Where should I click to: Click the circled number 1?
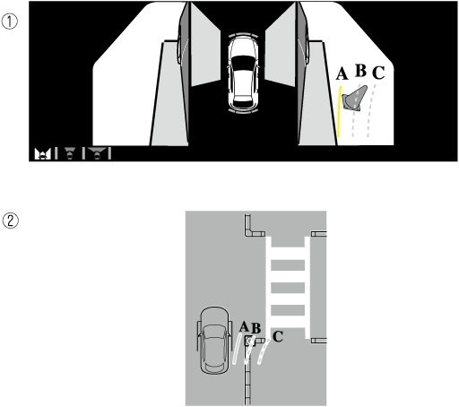[x=10, y=22]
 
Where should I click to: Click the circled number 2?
[x=11, y=221]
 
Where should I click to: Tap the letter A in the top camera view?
[x=342, y=74]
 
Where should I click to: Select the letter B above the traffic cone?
[x=361, y=71]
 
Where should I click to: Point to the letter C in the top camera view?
[x=378, y=73]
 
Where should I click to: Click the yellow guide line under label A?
[x=339, y=112]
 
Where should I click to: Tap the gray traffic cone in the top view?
[x=355, y=99]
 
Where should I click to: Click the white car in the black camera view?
[x=242, y=74]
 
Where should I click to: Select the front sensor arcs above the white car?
[x=243, y=35]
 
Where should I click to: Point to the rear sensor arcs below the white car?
[x=243, y=112]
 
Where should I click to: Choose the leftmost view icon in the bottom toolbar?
[x=42, y=154]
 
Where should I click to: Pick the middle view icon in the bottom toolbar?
[x=70, y=153]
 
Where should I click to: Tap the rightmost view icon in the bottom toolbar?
[x=97, y=153]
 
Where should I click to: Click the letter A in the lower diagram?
[x=244, y=326]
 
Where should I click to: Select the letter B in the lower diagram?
[x=255, y=328]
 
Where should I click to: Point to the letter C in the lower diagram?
[x=278, y=336]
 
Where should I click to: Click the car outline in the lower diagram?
[x=214, y=340]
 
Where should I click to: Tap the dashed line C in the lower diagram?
[x=264, y=351]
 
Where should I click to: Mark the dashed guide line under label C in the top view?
[x=370, y=111]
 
